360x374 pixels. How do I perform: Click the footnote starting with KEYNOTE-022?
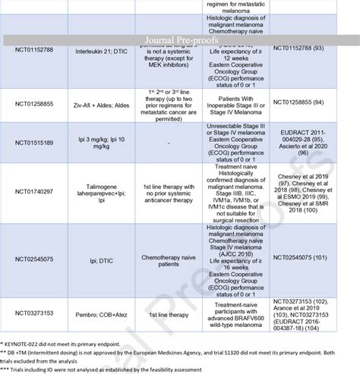pyautogui.click(x=76, y=345)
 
